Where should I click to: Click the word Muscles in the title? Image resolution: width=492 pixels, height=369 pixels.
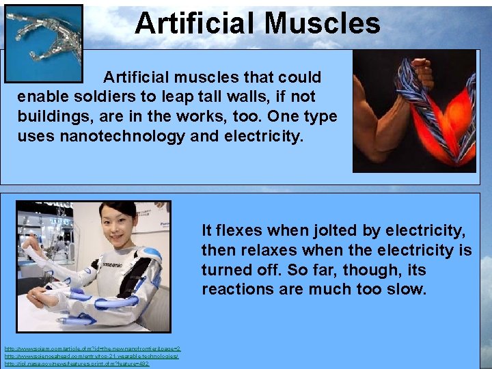(322, 23)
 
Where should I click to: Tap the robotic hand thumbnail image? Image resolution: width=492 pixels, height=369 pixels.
(43, 42)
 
